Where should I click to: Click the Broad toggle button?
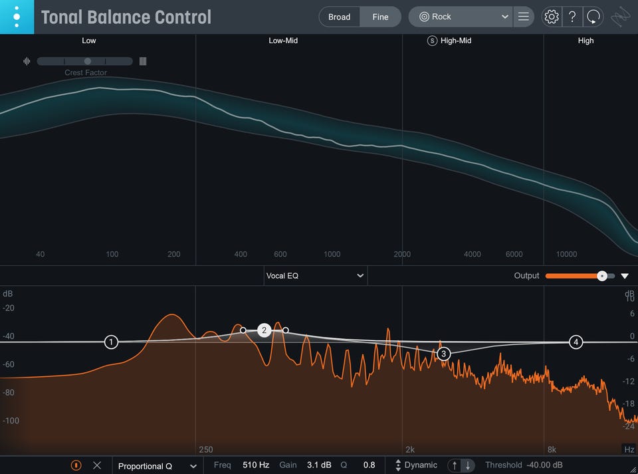point(339,17)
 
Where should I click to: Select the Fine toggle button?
point(380,17)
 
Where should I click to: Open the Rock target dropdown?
point(460,17)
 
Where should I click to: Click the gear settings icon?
point(552,17)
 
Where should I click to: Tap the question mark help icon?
point(572,17)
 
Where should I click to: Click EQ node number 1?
point(111,342)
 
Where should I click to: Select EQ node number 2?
point(264,330)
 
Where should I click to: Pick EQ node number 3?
point(444,354)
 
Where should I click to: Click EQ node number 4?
point(576,342)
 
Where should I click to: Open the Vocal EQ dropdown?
point(315,275)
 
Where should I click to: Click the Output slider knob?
point(601,276)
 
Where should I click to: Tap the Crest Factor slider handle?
point(88,61)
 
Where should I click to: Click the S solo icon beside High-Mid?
point(432,41)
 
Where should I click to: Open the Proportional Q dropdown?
point(158,466)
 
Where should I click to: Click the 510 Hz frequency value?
point(256,465)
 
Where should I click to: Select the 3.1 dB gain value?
point(319,465)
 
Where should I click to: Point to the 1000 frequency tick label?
point(332,254)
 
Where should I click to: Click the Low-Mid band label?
point(283,41)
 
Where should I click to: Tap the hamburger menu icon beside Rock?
point(524,17)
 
